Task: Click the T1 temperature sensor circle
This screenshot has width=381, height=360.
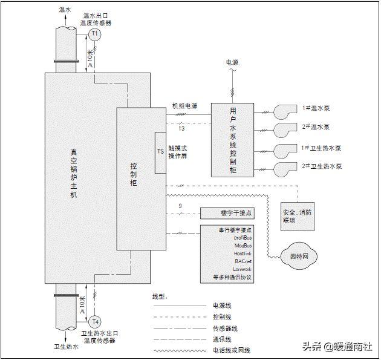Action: point(95,34)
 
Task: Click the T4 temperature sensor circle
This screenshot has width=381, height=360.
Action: point(95,321)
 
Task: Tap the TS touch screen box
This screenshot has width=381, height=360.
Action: point(160,152)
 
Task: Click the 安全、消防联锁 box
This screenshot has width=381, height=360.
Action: point(297,216)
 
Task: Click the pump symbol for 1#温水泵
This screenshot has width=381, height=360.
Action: point(282,111)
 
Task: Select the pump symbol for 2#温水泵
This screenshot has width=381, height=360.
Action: point(282,129)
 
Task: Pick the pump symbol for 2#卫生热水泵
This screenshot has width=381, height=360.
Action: point(282,168)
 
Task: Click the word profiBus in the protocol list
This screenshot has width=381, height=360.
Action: point(242,238)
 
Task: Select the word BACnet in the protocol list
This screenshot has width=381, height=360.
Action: point(243,261)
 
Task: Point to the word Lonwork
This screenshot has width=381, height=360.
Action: point(241,269)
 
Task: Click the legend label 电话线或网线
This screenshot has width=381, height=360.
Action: point(231,350)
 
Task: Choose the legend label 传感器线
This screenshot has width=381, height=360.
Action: point(226,328)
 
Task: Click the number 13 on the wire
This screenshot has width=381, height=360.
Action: point(181,128)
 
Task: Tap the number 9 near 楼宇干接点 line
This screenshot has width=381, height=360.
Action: point(180,207)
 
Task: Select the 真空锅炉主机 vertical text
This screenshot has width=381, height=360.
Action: point(74,175)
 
